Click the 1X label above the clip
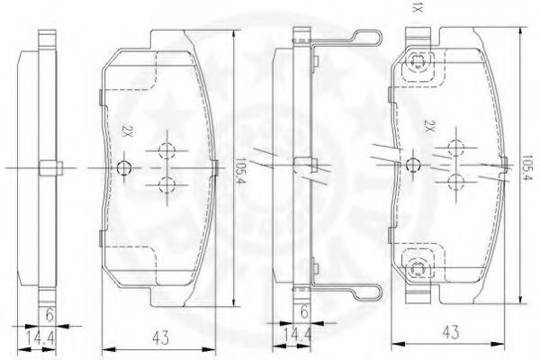click(417, 7)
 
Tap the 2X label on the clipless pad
click(127, 131)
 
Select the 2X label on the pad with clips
click(428, 126)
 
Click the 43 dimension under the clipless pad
click(160, 337)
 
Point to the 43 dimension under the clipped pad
click(451, 332)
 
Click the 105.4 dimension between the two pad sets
click(239, 170)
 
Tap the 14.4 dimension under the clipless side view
click(40, 338)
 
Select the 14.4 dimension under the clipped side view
click(297, 334)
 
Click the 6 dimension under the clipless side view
click(49, 315)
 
